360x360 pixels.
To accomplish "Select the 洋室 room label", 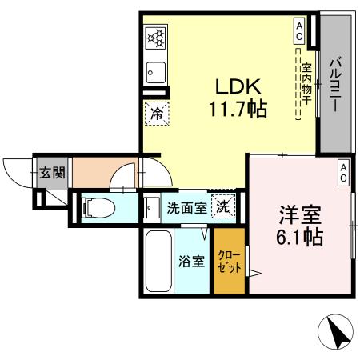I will (x=301, y=215).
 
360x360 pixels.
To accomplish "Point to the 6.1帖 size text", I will (x=301, y=238).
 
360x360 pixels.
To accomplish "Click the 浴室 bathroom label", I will (x=192, y=262).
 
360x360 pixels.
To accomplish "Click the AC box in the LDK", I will (x=298, y=31).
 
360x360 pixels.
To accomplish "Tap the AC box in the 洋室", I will (x=342, y=171).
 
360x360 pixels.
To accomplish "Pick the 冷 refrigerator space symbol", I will (x=157, y=113).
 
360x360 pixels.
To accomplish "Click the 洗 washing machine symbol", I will (x=224, y=206).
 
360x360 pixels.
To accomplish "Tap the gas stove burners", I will (x=154, y=38).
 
